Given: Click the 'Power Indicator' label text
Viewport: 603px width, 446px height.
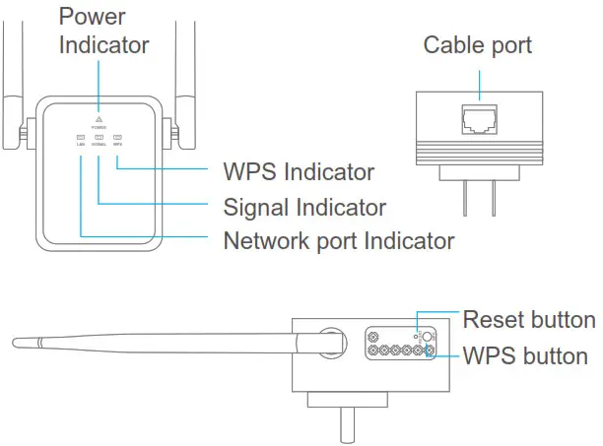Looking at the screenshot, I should [x=103, y=31].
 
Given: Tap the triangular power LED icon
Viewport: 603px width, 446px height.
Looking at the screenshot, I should [x=99, y=117].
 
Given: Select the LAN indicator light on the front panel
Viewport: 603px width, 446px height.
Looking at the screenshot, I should [x=81, y=137].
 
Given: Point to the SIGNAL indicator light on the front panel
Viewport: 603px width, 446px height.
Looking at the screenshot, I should [x=99, y=137].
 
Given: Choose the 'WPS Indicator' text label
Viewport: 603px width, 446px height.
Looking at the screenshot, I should [x=299, y=172].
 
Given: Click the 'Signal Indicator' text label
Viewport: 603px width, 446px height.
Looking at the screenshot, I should [x=304, y=207].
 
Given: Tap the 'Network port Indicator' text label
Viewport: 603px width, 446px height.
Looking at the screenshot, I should [x=338, y=240].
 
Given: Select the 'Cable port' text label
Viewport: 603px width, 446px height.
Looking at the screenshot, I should [x=477, y=45].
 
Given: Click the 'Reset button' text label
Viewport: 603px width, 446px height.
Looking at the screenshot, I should [x=529, y=320].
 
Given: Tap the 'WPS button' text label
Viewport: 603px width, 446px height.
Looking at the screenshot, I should [x=525, y=355].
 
